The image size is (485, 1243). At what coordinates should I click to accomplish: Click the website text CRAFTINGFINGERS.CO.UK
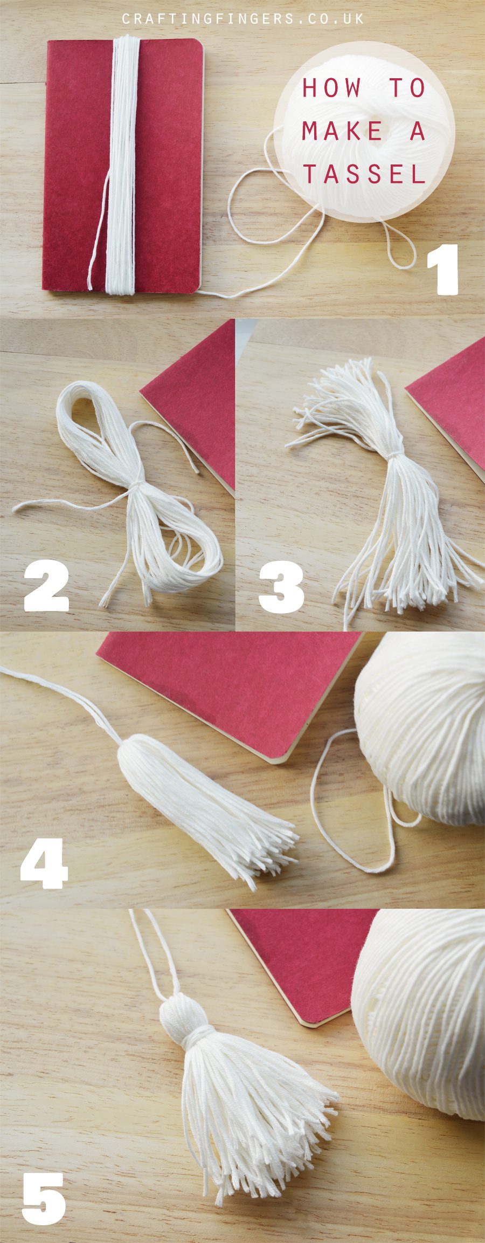[x=243, y=19]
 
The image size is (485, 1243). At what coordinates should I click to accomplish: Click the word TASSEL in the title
[x=364, y=174]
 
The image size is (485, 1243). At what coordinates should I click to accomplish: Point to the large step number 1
[x=443, y=270]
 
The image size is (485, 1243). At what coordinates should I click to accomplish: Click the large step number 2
[x=46, y=586]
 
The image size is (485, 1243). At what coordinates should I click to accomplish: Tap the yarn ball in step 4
[x=420, y=728]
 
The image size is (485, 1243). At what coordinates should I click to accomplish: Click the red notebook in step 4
[x=229, y=693]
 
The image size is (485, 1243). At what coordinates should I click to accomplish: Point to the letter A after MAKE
[x=418, y=131]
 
